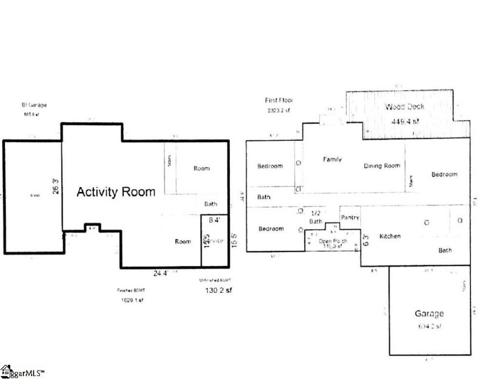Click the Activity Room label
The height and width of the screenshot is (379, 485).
(x=115, y=192)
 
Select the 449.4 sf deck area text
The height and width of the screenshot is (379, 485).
(x=406, y=121)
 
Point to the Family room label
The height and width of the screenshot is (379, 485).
(x=332, y=160)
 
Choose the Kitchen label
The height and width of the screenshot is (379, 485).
(x=390, y=236)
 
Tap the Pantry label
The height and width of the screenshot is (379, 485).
(x=350, y=217)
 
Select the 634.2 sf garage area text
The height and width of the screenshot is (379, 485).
(x=429, y=326)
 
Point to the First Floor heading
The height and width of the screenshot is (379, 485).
(x=276, y=100)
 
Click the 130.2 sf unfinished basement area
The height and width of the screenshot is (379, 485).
(x=216, y=290)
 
